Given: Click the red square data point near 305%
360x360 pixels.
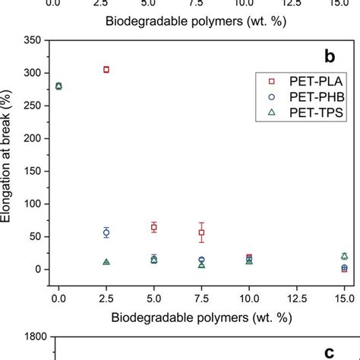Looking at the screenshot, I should click(x=106, y=69).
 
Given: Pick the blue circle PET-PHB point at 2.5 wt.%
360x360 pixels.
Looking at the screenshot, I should click(x=106, y=232).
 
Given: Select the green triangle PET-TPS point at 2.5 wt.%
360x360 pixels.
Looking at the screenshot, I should click(x=106, y=262).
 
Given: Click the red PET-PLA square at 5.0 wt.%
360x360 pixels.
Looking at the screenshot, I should click(x=154, y=227).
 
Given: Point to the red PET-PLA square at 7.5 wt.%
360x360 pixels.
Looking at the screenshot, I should click(x=201, y=232).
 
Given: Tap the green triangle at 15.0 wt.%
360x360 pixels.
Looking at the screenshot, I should click(x=344, y=256).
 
